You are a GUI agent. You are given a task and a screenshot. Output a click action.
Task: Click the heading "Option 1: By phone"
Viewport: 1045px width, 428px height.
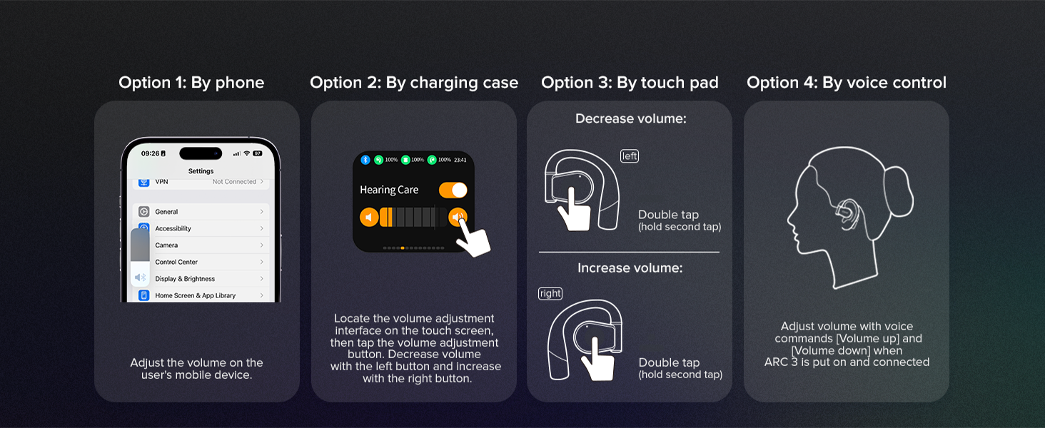(x=191, y=83)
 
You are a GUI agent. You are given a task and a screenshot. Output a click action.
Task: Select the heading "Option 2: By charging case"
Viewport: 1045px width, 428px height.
(x=414, y=83)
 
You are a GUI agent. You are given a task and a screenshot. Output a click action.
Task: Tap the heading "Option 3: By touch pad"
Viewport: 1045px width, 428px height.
(x=630, y=83)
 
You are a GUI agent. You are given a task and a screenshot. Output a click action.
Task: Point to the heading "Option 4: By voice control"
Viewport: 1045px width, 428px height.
(x=847, y=83)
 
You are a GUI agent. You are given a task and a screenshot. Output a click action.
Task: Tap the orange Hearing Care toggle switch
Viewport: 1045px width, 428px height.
(x=453, y=190)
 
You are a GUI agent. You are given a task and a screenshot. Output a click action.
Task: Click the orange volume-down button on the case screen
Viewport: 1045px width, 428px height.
(x=369, y=217)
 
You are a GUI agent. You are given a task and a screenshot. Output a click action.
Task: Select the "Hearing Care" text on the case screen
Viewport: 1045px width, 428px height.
(x=389, y=190)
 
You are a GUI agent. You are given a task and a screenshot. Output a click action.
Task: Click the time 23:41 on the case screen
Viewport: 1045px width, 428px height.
(x=460, y=160)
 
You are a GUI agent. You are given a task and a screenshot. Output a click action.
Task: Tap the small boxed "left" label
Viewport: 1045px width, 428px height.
(x=630, y=156)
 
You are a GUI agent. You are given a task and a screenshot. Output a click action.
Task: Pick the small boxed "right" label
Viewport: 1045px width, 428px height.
(x=550, y=293)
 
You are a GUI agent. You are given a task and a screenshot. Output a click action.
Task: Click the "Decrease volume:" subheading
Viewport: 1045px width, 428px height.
(x=630, y=119)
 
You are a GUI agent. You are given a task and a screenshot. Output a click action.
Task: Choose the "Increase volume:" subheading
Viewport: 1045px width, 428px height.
(x=630, y=268)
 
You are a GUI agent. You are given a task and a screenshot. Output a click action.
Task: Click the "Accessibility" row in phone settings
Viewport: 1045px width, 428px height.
(x=173, y=228)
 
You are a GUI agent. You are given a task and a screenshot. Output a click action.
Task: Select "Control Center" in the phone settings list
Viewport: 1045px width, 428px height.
(x=176, y=262)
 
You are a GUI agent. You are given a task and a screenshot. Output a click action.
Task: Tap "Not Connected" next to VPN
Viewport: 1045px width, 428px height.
(x=234, y=182)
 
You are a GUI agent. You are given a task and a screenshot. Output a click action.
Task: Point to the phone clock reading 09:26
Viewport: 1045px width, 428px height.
(x=151, y=153)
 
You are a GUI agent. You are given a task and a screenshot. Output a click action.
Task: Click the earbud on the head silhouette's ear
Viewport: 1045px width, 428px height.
(x=849, y=212)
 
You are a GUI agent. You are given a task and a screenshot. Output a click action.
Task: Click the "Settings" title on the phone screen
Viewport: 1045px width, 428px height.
(x=201, y=171)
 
